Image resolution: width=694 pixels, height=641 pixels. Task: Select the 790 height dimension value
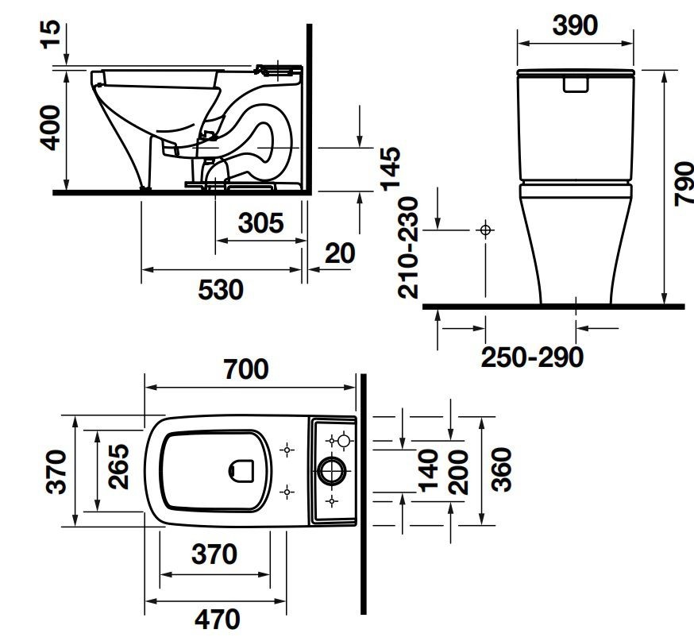(x=682, y=183)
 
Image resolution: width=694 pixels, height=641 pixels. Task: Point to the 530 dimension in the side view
(x=220, y=289)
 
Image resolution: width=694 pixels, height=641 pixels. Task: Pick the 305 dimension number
(x=260, y=223)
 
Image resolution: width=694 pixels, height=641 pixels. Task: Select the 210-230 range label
(x=408, y=247)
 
